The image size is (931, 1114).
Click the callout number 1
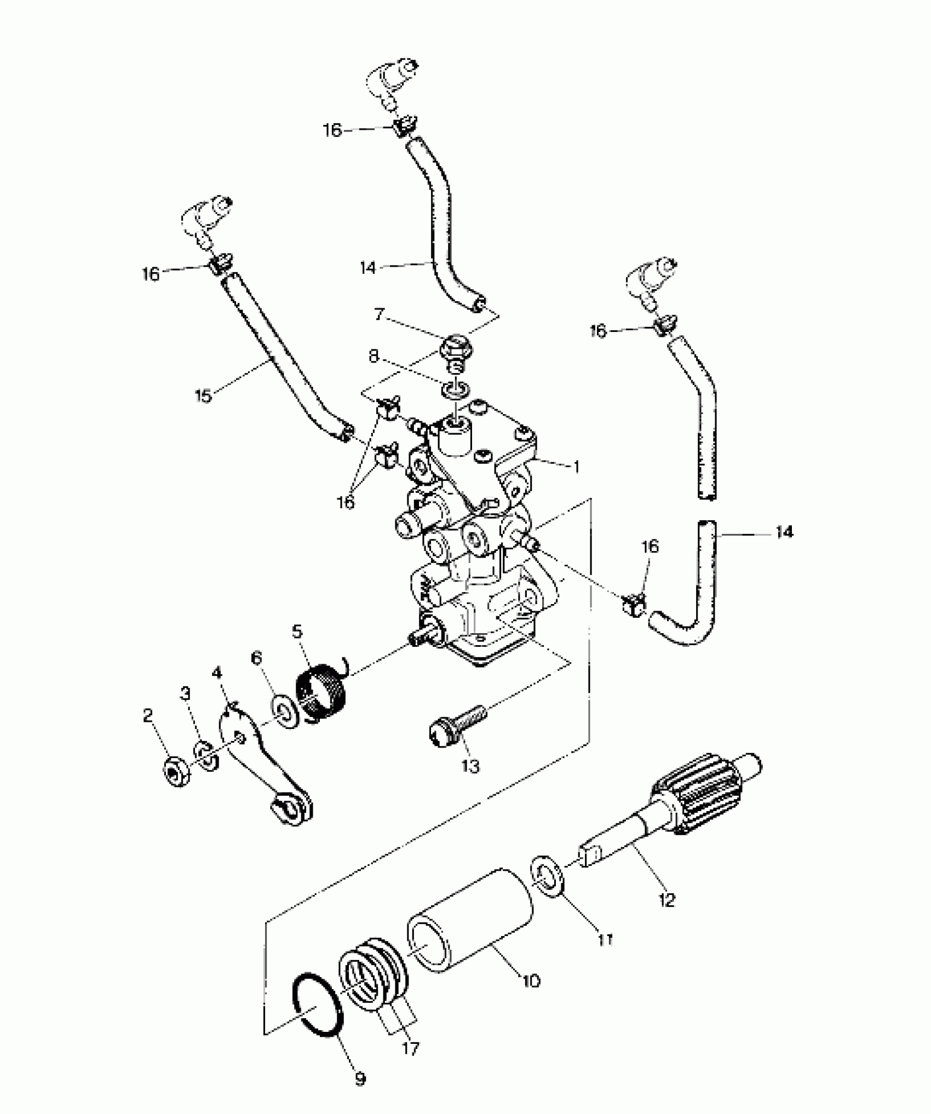click(x=576, y=467)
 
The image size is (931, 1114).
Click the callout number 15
click(x=203, y=395)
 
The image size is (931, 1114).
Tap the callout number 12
click(x=667, y=899)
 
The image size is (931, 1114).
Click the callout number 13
click(x=470, y=766)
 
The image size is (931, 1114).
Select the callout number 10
click(x=531, y=980)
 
